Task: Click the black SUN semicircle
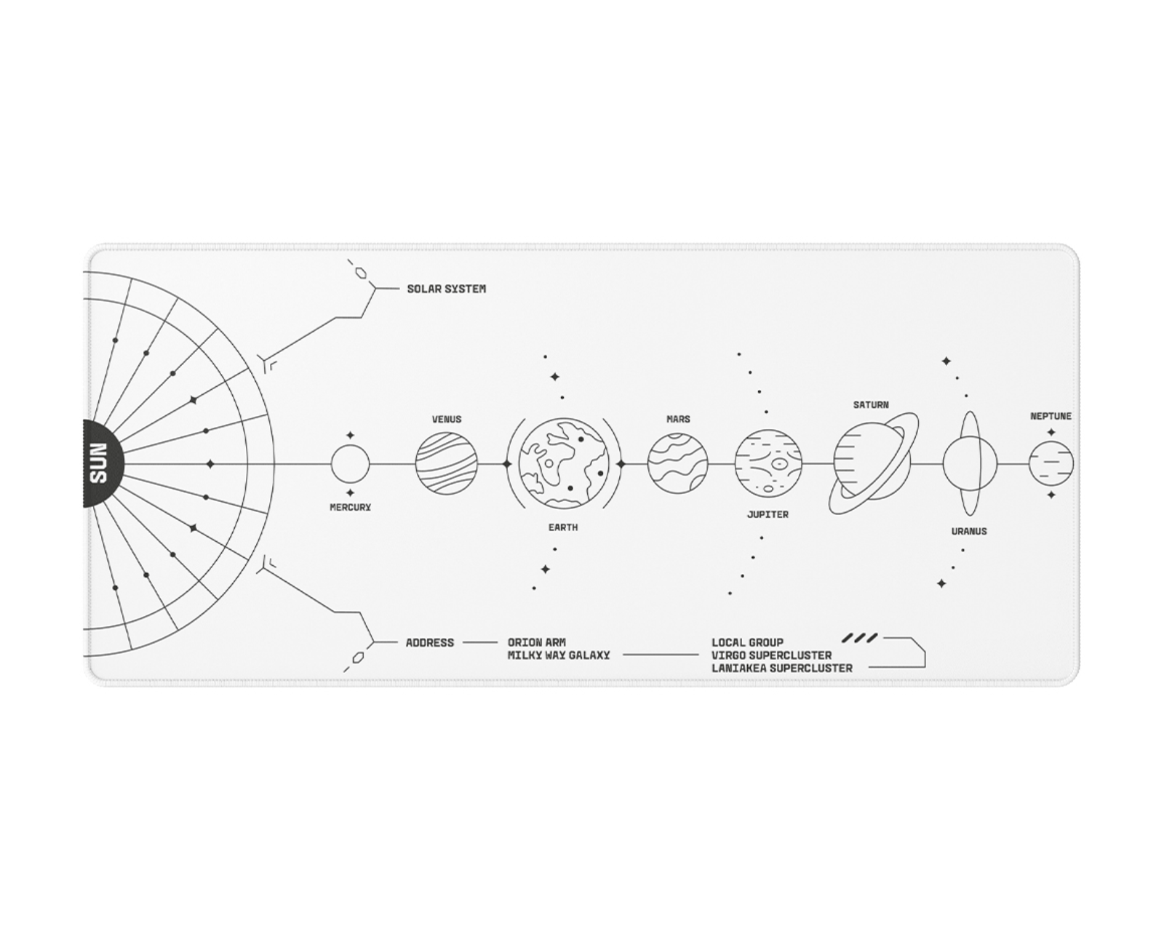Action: tap(103, 463)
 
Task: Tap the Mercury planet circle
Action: tap(350, 463)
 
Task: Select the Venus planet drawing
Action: tap(446, 463)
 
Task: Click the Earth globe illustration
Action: tap(564, 463)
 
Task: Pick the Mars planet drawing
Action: tap(678, 463)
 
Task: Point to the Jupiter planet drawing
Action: tap(768, 463)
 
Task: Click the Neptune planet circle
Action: tap(1051, 463)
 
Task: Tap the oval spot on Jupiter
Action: tap(779, 463)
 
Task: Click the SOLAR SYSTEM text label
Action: tap(446, 289)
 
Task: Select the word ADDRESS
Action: tap(430, 643)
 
